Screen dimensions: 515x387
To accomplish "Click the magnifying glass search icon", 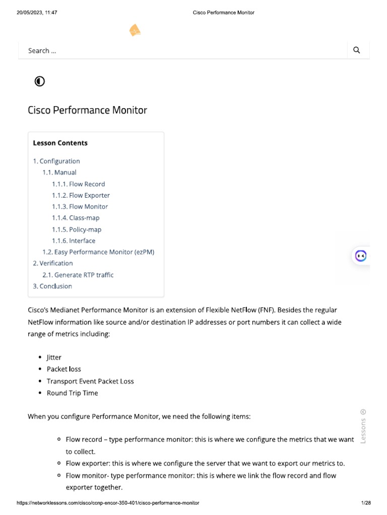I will tap(357, 50).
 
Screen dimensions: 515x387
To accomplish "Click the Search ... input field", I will tap(181, 50).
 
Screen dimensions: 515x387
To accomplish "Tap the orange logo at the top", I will tap(135, 31).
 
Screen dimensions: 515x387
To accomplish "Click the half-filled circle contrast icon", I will tap(40, 81).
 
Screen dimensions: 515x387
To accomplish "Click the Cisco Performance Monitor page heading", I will tap(87, 110).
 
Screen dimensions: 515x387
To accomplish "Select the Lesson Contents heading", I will tap(60, 143).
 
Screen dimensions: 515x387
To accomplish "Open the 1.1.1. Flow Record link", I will tap(78, 184).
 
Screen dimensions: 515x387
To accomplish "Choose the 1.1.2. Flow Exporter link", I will tap(81, 195).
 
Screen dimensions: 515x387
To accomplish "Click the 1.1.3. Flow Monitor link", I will tap(80, 207).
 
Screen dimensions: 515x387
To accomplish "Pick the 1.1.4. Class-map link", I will tap(76, 218).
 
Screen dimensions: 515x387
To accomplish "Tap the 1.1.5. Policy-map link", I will tap(77, 229).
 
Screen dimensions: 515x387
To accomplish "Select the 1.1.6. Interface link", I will tap(74, 241).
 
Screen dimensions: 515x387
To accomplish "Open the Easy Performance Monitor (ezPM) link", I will tap(98, 252).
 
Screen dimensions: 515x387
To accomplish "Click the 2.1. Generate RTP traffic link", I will tap(78, 275).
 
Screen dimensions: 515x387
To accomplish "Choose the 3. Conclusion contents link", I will tap(52, 286).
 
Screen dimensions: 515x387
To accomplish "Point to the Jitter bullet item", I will tap(54, 357).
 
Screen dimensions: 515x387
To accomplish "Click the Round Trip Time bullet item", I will tap(72, 393).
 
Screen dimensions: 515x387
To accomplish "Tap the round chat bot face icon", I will tap(361, 255).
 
